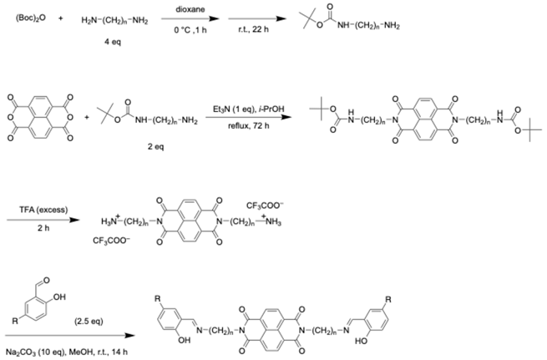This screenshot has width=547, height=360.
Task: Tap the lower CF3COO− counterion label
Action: pyautogui.click(x=114, y=242)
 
